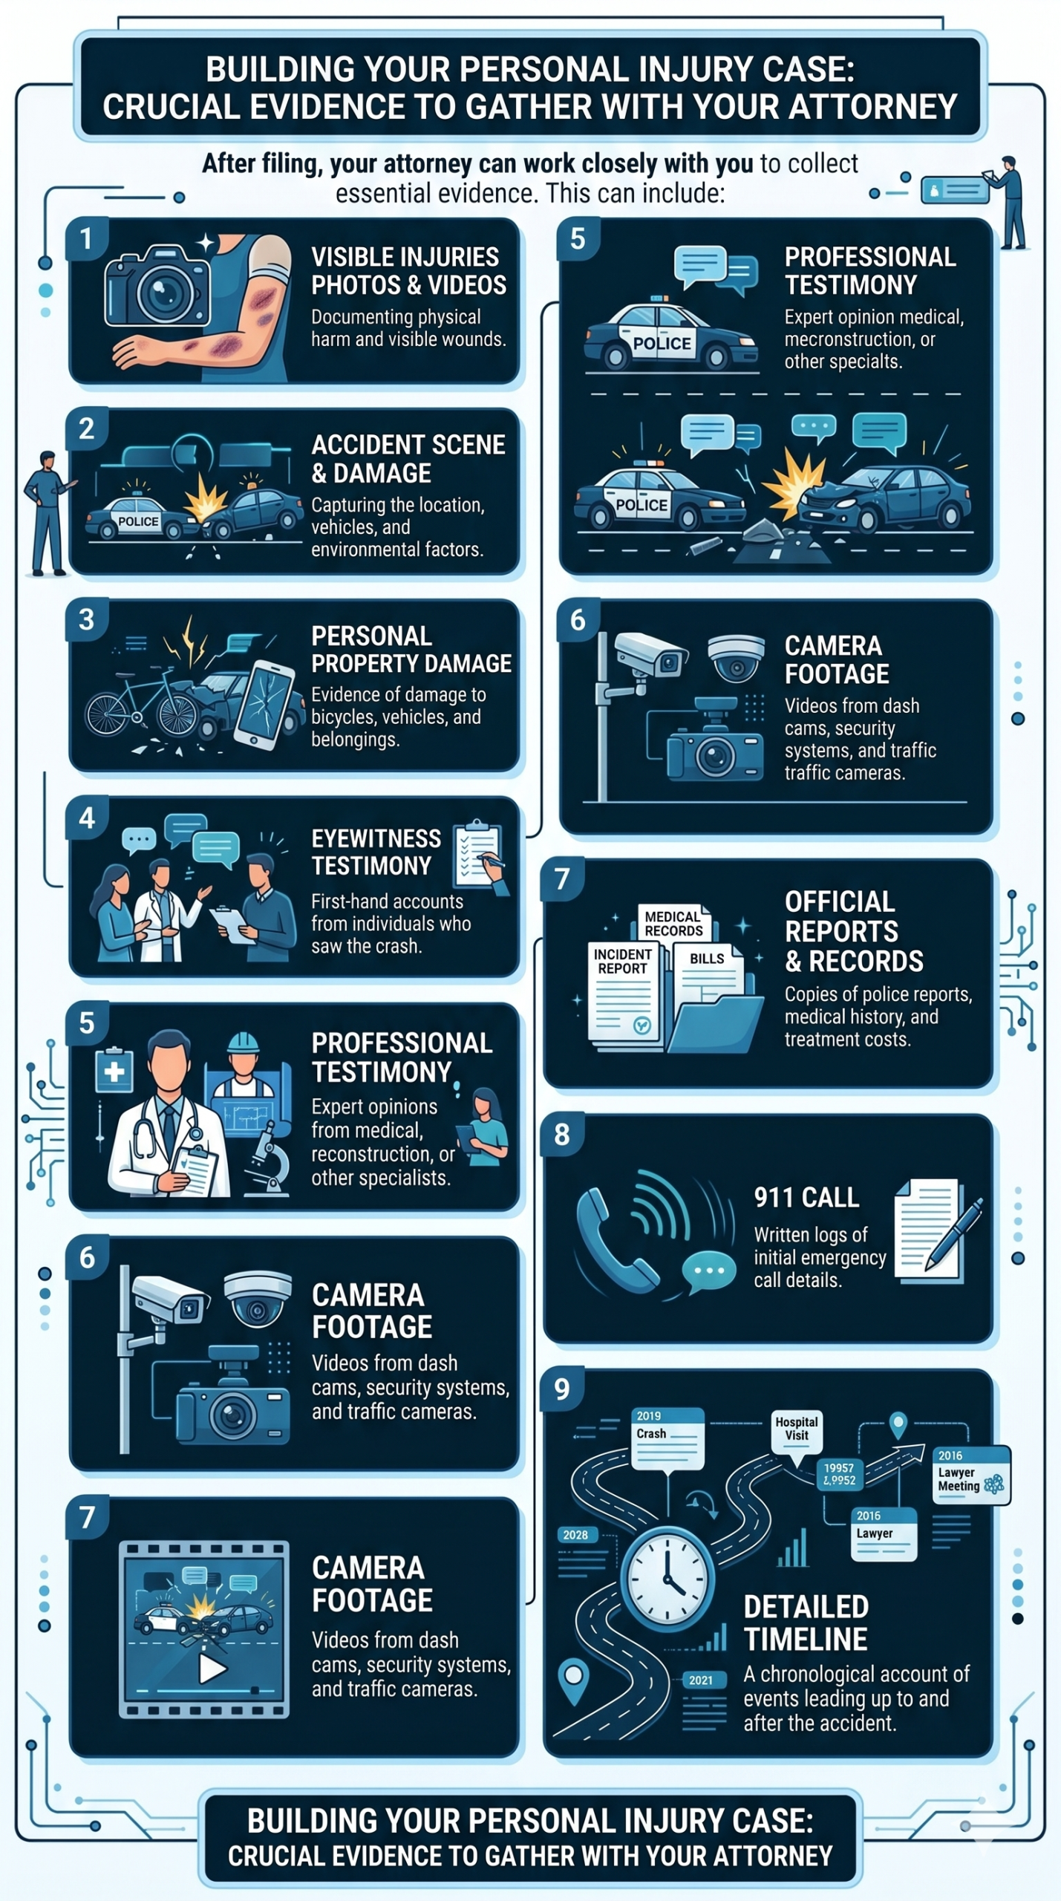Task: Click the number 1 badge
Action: (x=87, y=239)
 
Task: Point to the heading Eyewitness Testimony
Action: (x=376, y=852)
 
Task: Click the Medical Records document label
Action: (x=673, y=924)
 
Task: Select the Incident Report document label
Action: (x=622, y=961)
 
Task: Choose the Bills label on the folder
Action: (x=707, y=959)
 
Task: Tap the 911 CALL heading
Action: (x=806, y=1197)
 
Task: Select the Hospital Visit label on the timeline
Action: (x=797, y=1429)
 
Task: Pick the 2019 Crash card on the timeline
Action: (x=667, y=1437)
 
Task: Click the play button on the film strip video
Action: (x=212, y=1669)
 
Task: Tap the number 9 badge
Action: (x=562, y=1389)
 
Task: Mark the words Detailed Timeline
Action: (x=806, y=1623)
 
